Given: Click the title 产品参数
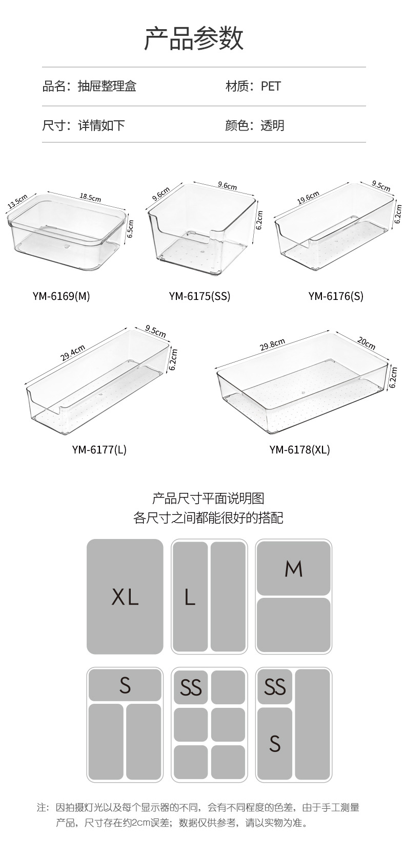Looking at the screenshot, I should coord(194,38).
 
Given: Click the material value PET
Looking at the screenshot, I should coord(271,86).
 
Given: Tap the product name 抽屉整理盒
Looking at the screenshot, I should coord(107,86).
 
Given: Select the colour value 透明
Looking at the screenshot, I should coord(272,125).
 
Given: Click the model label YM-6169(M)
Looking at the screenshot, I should coord(61,296).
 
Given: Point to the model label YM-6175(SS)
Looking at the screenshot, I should coord(199,296).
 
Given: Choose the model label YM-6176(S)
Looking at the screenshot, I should coord(336,296).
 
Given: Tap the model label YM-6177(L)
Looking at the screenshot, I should coord(99,449).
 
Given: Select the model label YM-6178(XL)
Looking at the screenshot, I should coord(299,449).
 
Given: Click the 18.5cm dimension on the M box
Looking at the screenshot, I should coord(90,197).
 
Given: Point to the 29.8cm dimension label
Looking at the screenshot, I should coord(272,345).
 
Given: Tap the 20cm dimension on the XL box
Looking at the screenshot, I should coord(366,343).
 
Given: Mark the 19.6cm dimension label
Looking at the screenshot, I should coord(308,198).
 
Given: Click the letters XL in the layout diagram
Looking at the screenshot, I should coord(125,597).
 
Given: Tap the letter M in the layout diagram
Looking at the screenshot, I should coord(294,569).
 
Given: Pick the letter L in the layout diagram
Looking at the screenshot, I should coord(190,597).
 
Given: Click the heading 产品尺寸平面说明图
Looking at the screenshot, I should coord(208,498).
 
